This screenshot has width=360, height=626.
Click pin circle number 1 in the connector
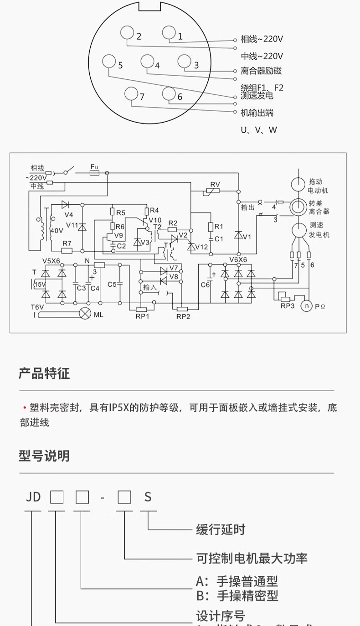[x=169, y=33]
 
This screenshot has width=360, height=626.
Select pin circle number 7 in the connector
[x=131, y=93]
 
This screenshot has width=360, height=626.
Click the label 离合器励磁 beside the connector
[x=261, y=71]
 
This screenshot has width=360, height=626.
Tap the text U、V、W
[x=259, y=130]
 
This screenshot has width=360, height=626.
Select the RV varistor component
[x=215, y=192]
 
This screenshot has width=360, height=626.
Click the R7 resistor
[x=67, y=250]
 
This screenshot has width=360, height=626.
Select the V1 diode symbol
[x=238, y=235]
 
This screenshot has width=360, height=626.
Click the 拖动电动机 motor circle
[x=298, y=185]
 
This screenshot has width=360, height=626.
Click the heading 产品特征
[x=44, y=374]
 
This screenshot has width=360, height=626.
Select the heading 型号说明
[x=44, y=455]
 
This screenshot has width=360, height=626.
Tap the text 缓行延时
[x=221, y=530]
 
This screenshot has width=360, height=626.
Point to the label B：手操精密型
[x=237, y=595]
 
